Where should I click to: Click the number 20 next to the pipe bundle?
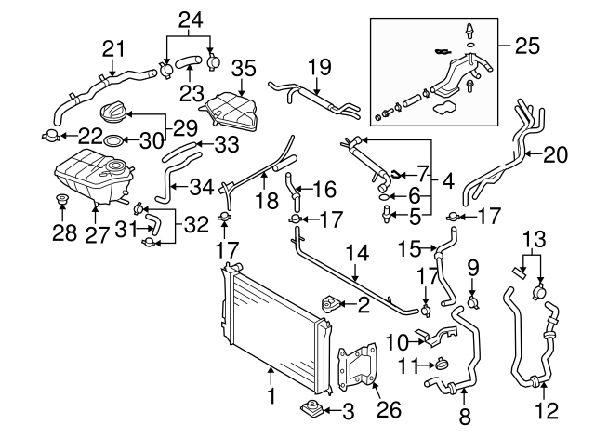554,155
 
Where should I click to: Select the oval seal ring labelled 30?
111,140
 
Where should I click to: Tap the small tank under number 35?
228,110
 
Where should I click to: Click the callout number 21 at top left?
112,47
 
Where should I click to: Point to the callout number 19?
319,66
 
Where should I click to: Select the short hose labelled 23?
189,63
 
